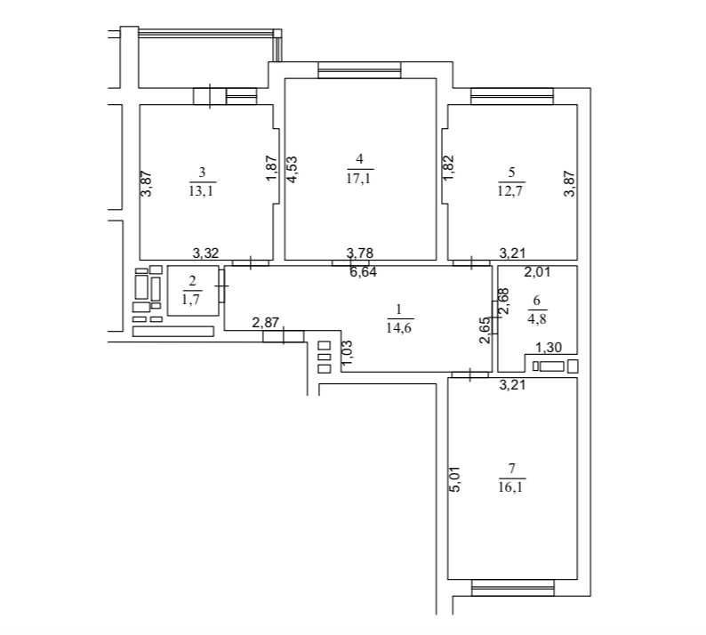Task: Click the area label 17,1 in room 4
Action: pyautogui.click(x=359, y=179)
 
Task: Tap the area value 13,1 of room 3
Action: pyautogui.click(x=202, y=191)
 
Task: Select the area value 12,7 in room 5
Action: pyautogui.click(x=511, y=191)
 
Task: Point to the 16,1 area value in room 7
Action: pyautogui.click(x=512, y=487)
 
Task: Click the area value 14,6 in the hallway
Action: pyautogui.click(x=399, y=327)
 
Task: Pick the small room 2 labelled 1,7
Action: pyautogui.click(x=193, y=291)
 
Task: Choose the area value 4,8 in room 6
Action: pyautogui.click(x=536, y=319)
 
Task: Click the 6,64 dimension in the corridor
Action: pyautogui.click(x=364, y=272)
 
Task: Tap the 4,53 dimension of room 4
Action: pyautogui.click(x=292, y=169)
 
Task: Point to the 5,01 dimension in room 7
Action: pyautogui.click(x=455, y=479)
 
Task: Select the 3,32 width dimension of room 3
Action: pyautogui.click(x=205, y=253)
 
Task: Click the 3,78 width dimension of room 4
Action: pyautogui.click(x=360, y=253)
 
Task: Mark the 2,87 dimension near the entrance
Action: pyautogui.click(x=265, y=323)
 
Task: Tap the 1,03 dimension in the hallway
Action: pyautogui.click(x=348, y=355)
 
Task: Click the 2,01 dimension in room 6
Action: pyautogui.click(x=538, y=272)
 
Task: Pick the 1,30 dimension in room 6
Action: pyautogui.click(x=549, y=348)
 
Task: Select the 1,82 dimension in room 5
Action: pyautogui.click(x=448, y=168)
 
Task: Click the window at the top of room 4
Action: pyautogui.click(x=359, y=69)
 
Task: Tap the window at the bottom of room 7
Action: pyautogui.click(x=513, y=588)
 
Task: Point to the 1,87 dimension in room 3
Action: pyautogui.click(x=271, y=168)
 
